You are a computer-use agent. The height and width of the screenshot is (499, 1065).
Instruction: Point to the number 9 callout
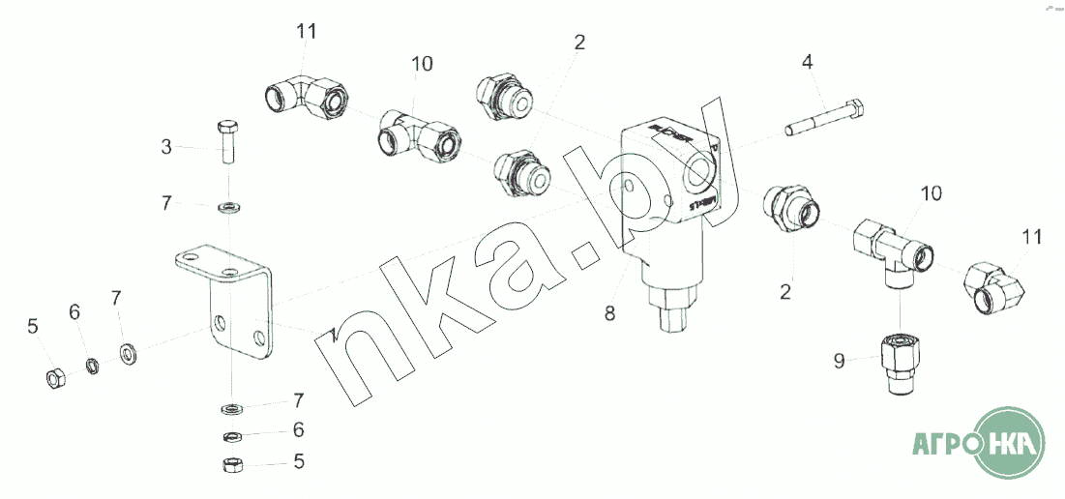tap(840, 362)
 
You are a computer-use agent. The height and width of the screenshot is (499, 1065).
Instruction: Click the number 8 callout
tap(609, 313)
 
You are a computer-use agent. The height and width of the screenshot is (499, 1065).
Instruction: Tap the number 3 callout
tap(166, 147)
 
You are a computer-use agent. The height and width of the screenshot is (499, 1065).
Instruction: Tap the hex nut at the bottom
tap(232, 465)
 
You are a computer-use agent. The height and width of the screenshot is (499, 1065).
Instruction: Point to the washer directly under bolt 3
tap(229, 207)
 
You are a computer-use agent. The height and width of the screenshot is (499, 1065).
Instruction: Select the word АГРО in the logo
tap(942, 445)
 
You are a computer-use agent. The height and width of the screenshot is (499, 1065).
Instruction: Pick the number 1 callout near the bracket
tap(331, 334)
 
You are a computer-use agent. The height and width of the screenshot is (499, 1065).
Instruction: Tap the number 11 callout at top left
tap(307, 32)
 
